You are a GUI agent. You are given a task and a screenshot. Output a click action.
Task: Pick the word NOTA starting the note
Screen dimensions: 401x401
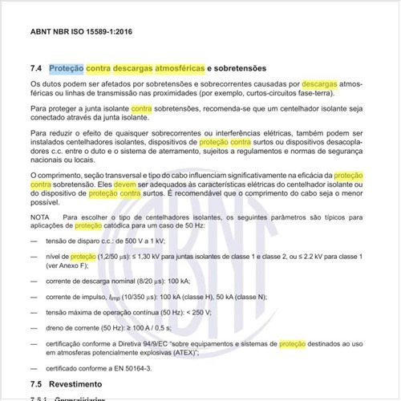click(x=39, y=217)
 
